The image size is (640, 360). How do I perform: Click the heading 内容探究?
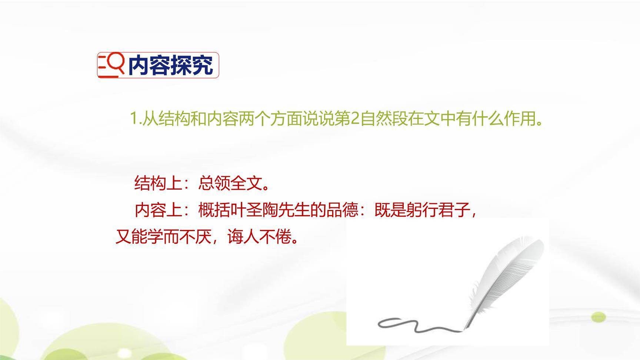click(x=170, y=66)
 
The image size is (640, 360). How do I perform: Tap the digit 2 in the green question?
click(x=354, y=119)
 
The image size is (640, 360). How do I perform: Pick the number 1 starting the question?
click(x=134, y=119)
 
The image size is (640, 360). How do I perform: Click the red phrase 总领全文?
click(x=230, y=183)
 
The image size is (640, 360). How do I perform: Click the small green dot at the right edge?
click(x=598, y=317)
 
